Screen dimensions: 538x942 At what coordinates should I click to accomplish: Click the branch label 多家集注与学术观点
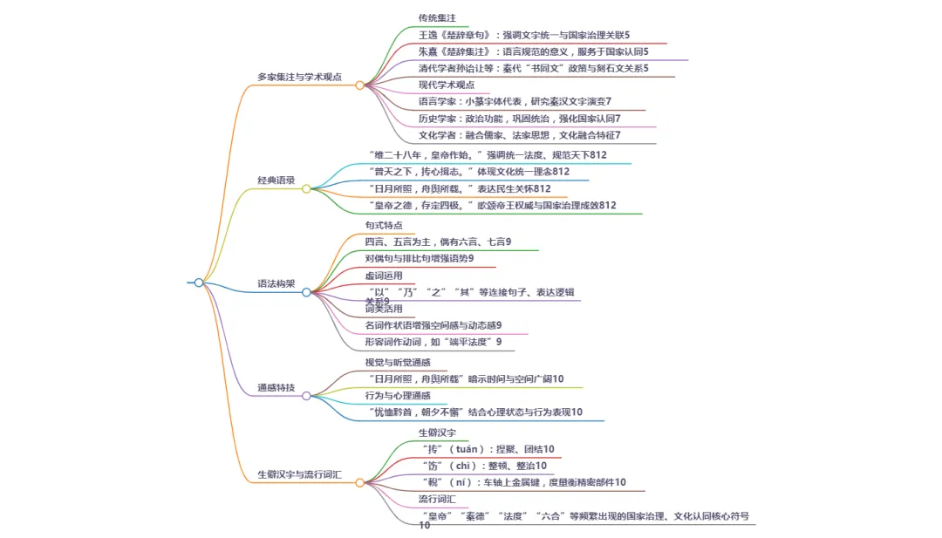299,77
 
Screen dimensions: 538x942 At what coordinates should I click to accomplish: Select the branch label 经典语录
276,180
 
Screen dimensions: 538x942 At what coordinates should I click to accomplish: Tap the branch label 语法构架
276,284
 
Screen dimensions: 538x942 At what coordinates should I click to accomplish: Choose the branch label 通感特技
276,388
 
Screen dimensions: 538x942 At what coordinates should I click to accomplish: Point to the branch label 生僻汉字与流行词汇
299,475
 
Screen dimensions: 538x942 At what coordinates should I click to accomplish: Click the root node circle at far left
199,283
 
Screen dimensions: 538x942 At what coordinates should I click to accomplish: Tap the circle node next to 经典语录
306,188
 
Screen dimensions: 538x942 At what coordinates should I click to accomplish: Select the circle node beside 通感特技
306,396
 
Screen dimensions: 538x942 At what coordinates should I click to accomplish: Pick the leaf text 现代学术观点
447,85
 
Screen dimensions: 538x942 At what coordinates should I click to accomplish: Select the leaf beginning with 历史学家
519,118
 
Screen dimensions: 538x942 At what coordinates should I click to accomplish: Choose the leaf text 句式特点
384,226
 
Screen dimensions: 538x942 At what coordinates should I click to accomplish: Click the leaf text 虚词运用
384,276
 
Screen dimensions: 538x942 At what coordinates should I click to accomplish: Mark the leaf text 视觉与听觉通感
399,362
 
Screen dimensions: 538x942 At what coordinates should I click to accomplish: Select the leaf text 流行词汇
437,500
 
